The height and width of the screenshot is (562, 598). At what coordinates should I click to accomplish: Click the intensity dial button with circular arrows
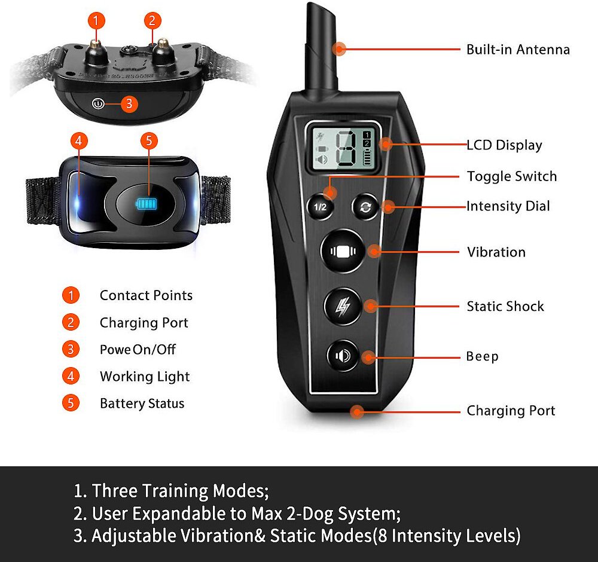(365, 207)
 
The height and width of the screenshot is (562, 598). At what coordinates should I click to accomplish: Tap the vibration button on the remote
(343, 251)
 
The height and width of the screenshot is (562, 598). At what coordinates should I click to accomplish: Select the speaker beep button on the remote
(343, 356)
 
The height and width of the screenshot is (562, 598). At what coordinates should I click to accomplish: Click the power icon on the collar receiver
(98, 103)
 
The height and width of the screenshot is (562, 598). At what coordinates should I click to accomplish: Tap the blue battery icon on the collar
(147, 204)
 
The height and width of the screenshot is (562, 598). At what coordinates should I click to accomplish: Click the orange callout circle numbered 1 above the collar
(96, 20)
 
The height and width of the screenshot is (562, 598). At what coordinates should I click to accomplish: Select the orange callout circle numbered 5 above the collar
(149, 140)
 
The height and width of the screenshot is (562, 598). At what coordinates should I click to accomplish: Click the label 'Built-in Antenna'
(518, 50)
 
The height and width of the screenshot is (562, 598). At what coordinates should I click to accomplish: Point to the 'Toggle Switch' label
(512, 176)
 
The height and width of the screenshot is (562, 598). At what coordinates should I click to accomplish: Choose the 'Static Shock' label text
(505, 306)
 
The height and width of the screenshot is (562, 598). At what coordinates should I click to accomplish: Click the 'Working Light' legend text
(145, 377)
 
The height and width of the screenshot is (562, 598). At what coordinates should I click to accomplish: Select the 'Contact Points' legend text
(146, 295)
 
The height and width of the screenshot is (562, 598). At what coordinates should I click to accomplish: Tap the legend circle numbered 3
(71, 349)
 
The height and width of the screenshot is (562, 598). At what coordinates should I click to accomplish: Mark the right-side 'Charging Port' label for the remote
(511, 411)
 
